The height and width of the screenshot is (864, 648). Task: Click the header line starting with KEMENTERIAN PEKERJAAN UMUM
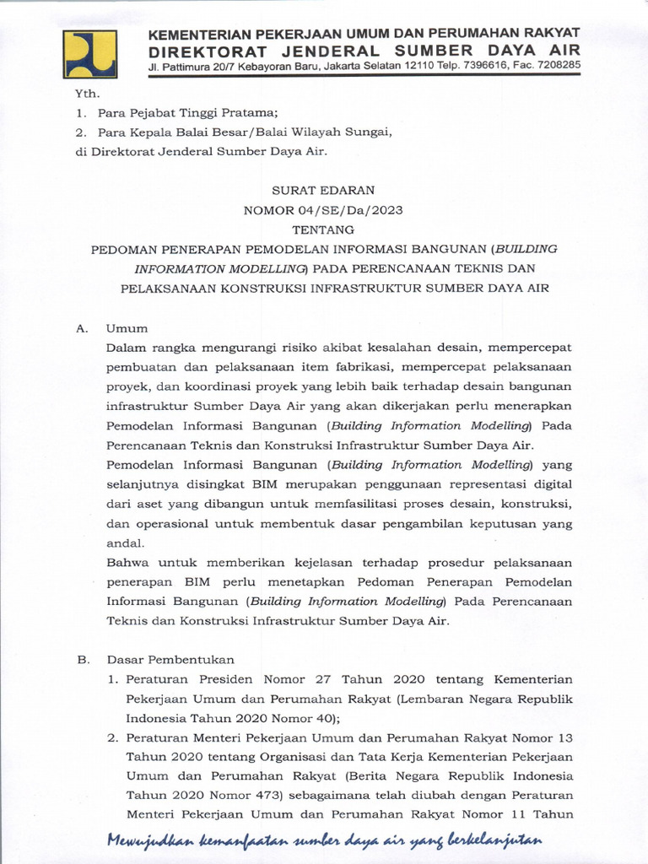click(x=364, y=33)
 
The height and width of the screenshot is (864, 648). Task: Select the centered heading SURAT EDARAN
click(x=323, y=191)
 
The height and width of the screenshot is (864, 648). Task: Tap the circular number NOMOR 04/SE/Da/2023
click(x=323, y=210)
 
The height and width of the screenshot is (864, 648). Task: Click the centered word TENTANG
click(x=323, y=229)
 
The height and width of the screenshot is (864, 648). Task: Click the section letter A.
click(x=82, y=328)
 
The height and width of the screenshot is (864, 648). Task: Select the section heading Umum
click(x=127, y=328)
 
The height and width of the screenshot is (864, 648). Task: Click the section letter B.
click(x=82, y=660)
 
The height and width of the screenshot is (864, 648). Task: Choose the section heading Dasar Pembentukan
click(x=170, y=660)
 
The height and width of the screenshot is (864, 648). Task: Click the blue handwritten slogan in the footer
click(x=324, y=841)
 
